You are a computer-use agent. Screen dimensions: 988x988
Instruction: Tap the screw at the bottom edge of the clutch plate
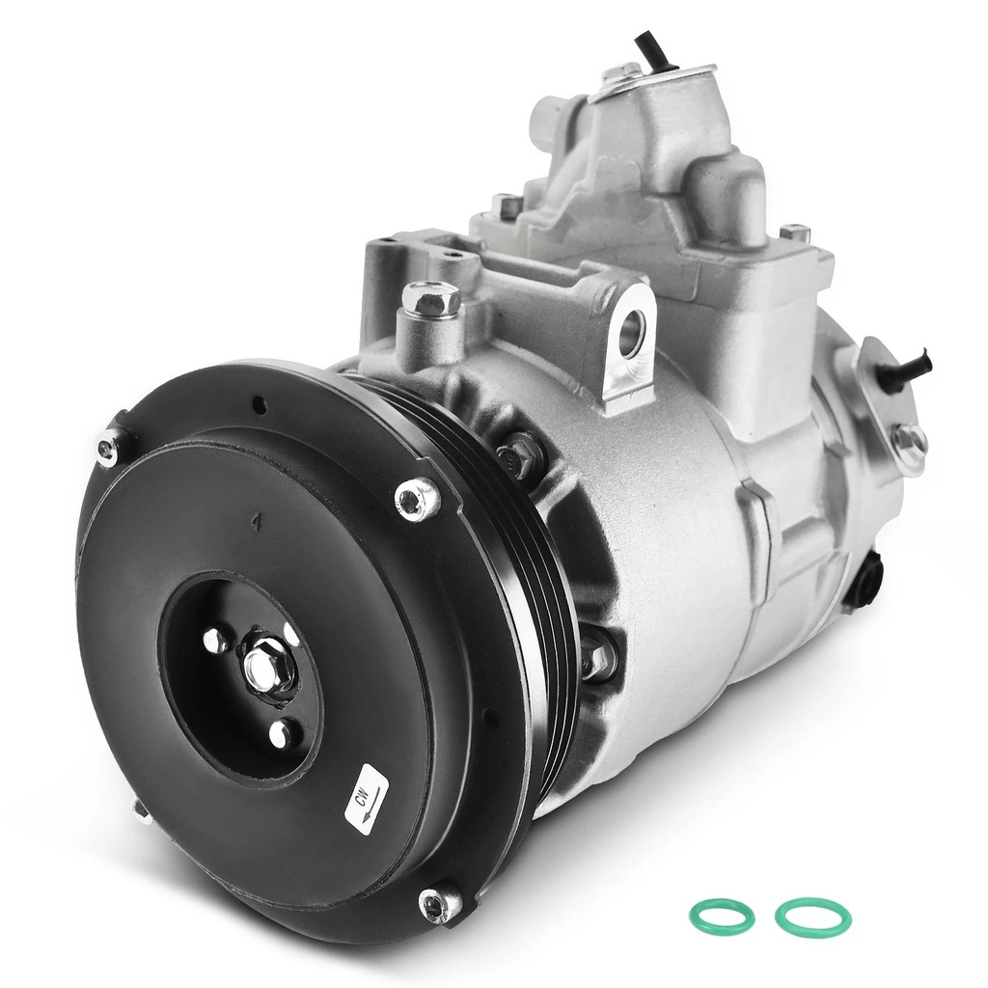point(438,905)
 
